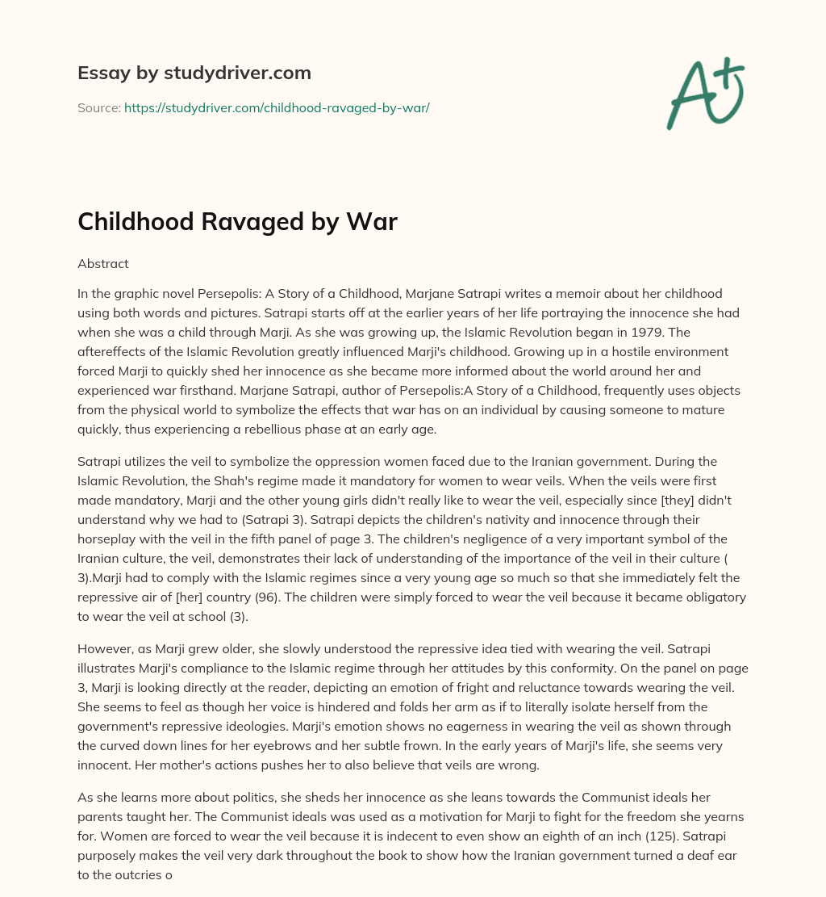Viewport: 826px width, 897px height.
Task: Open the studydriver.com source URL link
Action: [277, 107]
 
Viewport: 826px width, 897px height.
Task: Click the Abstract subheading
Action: [102, 263]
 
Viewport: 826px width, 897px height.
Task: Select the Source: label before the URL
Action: [99, 107]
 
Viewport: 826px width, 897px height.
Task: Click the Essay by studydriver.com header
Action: [194, 73]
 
